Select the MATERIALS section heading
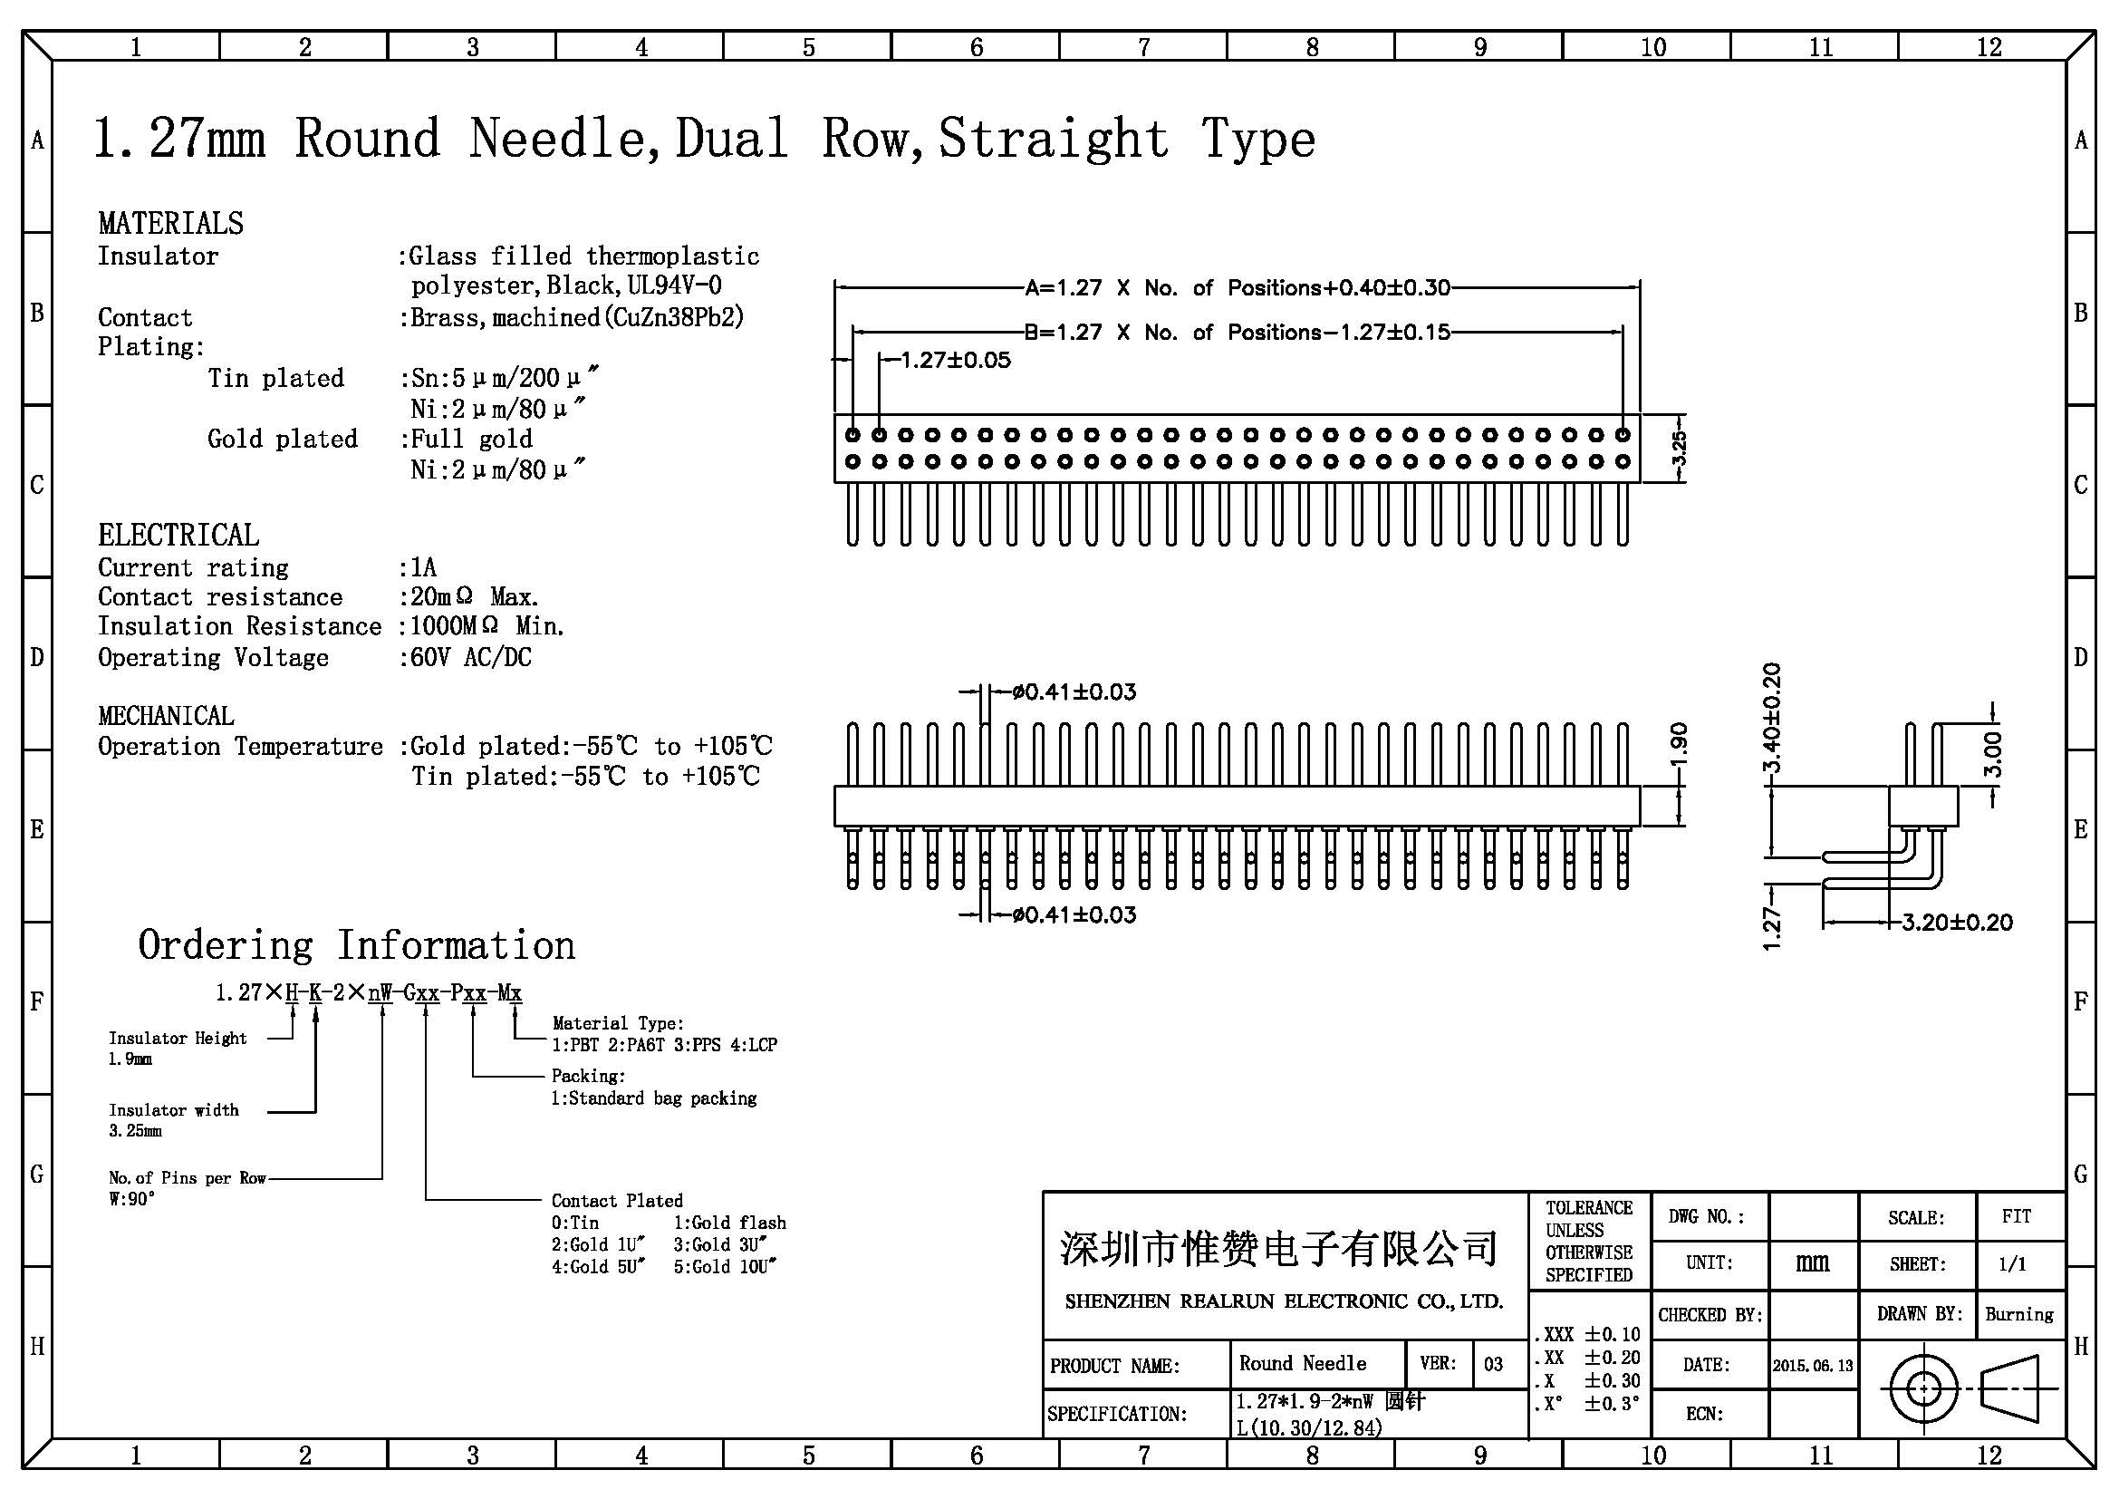(x=170, y=223)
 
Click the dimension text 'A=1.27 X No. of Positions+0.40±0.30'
(x=1238, y=288)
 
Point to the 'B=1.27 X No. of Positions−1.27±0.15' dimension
(x=1238, y=333)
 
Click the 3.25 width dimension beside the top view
(x=1679, y=449)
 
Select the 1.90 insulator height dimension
(x=1679, y=746)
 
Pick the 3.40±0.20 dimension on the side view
(x=1772, y=718)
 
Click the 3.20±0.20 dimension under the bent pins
(x=1957, y=922)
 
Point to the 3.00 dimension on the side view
(x=1992, y=755)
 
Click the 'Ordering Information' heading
(x=356, y=945)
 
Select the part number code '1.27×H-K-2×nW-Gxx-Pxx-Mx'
(x=369, y=993)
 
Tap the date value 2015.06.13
(x=1813, y=1365)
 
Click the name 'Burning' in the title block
(x=2019, y=1314)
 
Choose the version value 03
(x=1493, y=1364)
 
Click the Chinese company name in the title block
(x=1279, y=1249)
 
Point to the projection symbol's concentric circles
(x=1923, y=1388)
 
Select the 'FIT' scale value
(x=2017, y=1216)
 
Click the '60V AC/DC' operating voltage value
(x=471, y=657)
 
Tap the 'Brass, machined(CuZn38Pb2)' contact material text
(x=577, y=317)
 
